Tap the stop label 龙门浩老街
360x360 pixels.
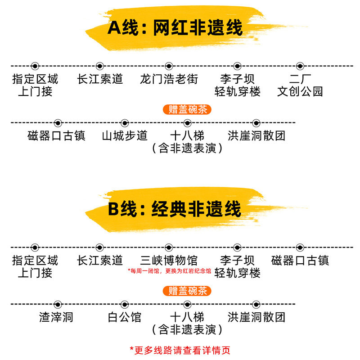click(169, 79)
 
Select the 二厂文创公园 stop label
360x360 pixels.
click(300, 85)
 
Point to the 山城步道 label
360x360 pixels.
click(125, 135)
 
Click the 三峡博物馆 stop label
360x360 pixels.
click(169, 260)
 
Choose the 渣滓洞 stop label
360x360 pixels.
click(56, 317)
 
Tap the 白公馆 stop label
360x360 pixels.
click(125, 317)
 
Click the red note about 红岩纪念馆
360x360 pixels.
click(169, 271)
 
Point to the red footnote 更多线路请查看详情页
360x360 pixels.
click(180, 350)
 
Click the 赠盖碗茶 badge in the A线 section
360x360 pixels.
click(187, 109)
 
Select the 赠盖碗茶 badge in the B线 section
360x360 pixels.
click(187, 291)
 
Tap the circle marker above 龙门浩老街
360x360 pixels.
click(169, 66)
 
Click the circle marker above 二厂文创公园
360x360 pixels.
click(301, 66)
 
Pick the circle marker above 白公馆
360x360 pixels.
click(125, 305)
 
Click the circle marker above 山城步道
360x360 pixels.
click(125, 123)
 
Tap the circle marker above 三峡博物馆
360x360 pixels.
click(169, 247)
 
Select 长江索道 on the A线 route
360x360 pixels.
click(100, 79)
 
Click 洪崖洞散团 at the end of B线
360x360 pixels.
click(256, 317)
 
